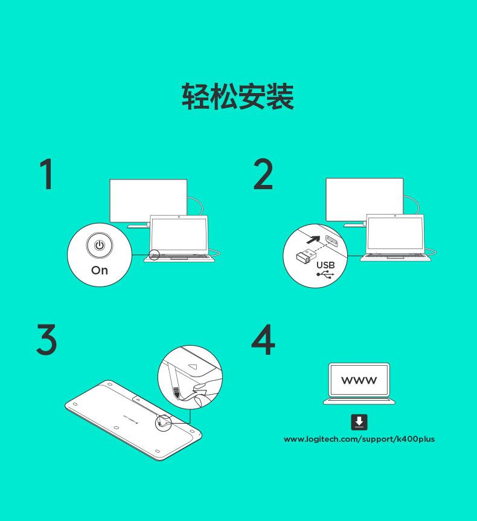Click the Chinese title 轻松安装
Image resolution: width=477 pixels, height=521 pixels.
(x=238, y=96)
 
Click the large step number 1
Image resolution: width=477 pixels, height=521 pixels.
(x=47, y=174)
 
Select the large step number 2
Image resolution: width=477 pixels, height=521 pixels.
(x=263, y=174)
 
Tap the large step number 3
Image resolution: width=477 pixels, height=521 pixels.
(x=46, y=340)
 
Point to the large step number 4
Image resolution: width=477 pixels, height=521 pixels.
(x=263, y=340)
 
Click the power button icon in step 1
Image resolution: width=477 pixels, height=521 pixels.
(x=100, y=245)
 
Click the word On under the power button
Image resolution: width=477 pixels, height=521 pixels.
(x=100, y=270)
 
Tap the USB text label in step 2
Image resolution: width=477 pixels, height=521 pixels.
(x=325, y=265)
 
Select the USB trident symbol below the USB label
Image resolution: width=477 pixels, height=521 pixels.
(x=325, y=274)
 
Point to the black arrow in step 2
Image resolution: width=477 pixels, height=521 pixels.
(x=313, y=239)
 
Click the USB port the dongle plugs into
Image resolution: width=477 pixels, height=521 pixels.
(x=333, y=241)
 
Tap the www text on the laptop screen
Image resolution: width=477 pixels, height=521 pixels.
(x=359, y=380)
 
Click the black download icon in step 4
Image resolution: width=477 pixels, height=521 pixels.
(x=359, y=422)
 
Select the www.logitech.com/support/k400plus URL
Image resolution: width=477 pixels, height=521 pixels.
(x=359, y=439)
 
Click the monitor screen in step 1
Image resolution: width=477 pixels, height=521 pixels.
(x=149, y=201)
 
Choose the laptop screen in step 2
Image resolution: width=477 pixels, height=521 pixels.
(x=395, y=233)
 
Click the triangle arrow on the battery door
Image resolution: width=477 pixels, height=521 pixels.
(x=193, y=366)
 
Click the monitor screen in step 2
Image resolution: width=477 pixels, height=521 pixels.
(x=365, y=199)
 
